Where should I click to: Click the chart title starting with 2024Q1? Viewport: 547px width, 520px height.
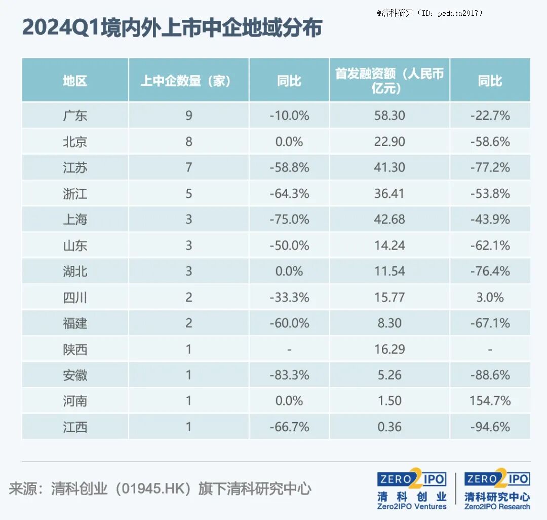click(x=172, y=27)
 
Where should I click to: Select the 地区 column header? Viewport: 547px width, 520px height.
click(x=75, y=81)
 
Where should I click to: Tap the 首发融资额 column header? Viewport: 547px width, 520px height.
click(x=389, y=81)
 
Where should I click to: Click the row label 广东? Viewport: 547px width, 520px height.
click(x=75, y=116)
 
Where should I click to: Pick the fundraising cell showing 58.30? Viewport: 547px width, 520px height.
click(x=389, y=116)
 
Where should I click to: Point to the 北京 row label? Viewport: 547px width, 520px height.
click(x=75, y=142)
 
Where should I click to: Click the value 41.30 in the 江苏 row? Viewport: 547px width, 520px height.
click(x=389, y=167)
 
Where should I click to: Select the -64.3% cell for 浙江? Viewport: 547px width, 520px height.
click(x=289, y=194)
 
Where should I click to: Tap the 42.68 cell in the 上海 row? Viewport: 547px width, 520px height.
click(x=389, y=220)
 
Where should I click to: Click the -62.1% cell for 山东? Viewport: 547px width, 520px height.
click(x=490, y=246)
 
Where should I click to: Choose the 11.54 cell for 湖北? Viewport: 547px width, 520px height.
click(x=389, y=271)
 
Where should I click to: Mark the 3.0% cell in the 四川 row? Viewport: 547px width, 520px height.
click(x=490, y=297)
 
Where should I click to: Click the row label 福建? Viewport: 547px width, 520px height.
click(x=75, y=323)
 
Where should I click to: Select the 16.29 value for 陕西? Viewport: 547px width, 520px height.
click(x=389, y=349)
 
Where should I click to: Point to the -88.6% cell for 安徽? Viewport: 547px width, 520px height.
click(x=490, y=375)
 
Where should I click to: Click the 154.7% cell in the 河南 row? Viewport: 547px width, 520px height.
click(x=490, y=401)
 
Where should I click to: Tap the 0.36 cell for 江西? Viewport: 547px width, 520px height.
click(x=389, y=427)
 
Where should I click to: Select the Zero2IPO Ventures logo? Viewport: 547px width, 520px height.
click(x=412, y=490)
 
